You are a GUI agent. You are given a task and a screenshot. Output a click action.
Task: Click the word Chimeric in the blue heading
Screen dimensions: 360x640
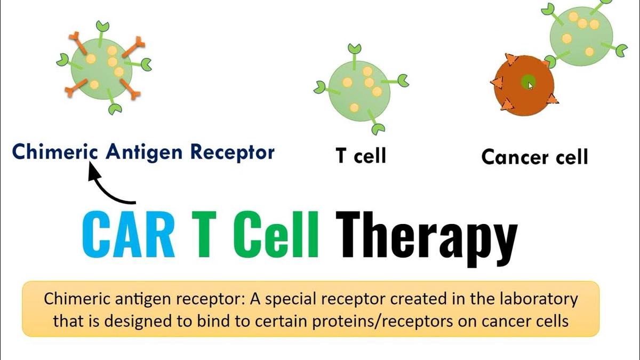point(55,152)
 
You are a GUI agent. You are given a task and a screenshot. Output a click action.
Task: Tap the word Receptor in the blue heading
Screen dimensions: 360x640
point(232,152)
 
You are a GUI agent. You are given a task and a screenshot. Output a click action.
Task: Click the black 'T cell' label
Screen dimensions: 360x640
point(361,156)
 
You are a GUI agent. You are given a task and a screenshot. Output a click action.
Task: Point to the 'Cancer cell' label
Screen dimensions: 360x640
point(534,157)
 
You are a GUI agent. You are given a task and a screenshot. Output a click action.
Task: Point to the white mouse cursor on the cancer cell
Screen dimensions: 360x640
point(531,85)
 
